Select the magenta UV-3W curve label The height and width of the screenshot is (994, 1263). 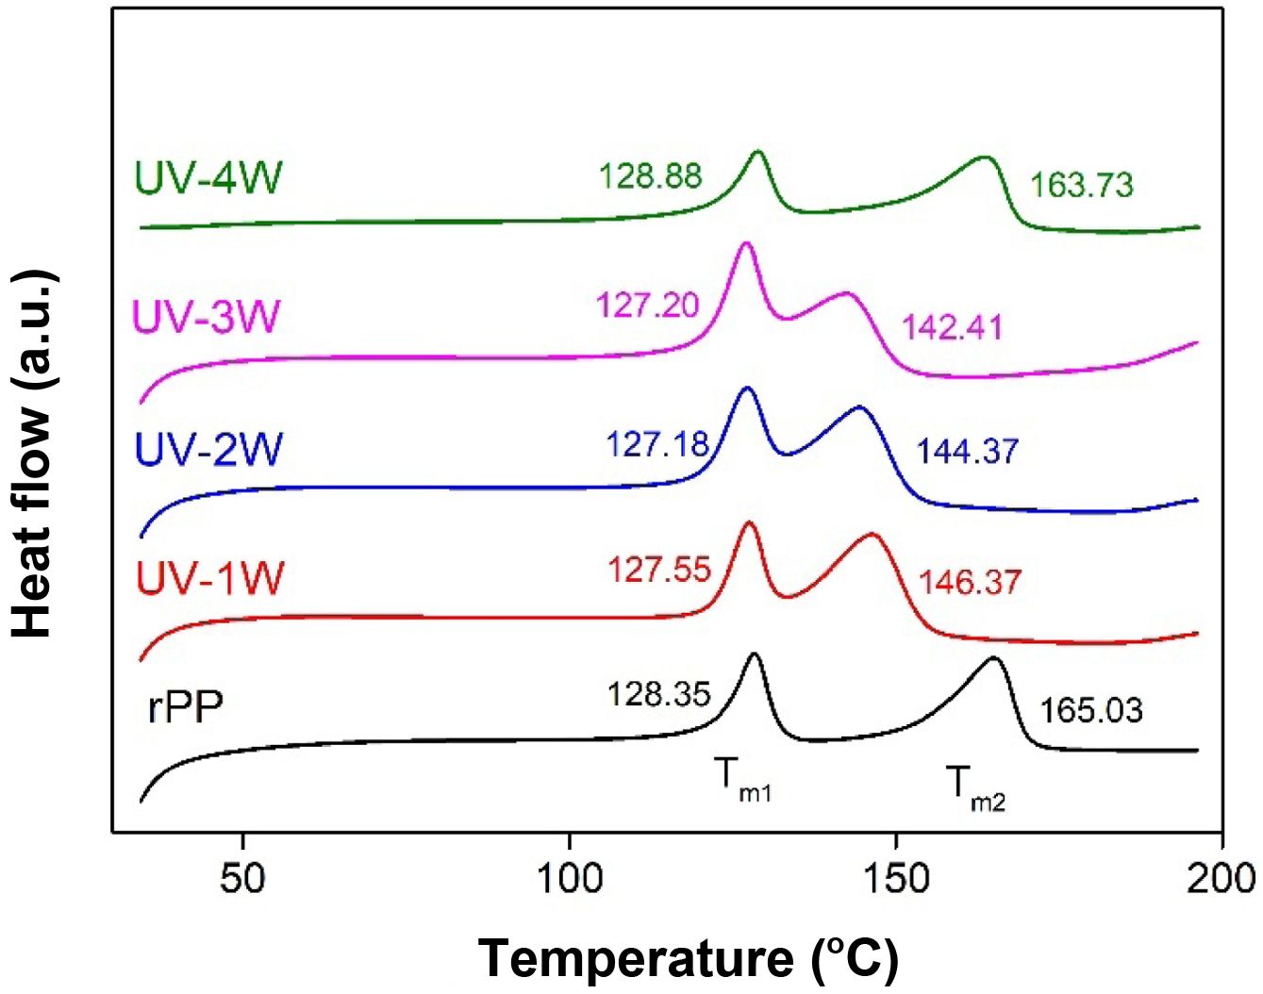click(x=206, y=316)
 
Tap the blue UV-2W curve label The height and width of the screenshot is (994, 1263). click(x=208, y=449)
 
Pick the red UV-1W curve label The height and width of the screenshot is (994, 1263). click(x=208, y=578)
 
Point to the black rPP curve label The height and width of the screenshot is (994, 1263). click(x=186, y=706)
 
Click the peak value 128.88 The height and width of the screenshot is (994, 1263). click(x=651, y=175)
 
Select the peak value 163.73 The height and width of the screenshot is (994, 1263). click(x=1081, y=185)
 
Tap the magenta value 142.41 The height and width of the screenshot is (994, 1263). click(x=952, y=327)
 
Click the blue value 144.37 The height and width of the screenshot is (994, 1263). click(x=968, y=451)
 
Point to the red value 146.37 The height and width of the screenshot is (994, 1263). click(x=970, y=581)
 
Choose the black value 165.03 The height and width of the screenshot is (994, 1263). click(x=1091, y=709)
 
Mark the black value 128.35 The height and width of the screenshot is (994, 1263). click(x=658, y=694)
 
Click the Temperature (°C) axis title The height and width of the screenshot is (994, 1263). click(x=689, y=959)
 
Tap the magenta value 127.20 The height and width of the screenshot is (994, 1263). click(x=647, y=306)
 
